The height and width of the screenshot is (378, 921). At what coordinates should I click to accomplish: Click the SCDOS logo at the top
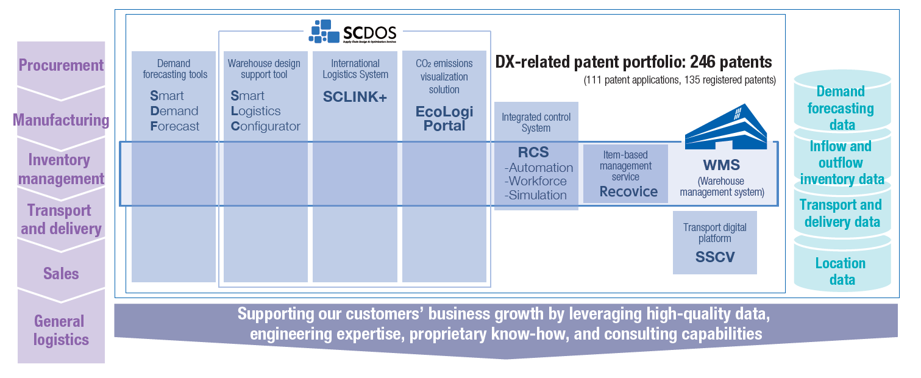coord(352,32)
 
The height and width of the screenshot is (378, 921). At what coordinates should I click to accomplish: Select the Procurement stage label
coord(61,65)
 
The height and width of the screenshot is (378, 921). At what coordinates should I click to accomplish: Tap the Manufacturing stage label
coord(61,120)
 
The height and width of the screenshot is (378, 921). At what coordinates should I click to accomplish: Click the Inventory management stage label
coord(61,169)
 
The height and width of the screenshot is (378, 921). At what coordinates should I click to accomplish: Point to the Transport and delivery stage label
coord(61,219)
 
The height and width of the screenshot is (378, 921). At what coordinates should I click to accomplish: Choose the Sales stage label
coord(61,274)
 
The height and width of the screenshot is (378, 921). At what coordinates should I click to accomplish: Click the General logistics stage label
coord(61,330)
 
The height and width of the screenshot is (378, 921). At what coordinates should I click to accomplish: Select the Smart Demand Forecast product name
coord(174,111)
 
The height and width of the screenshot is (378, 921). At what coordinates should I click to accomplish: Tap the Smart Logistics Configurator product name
coord(265,111)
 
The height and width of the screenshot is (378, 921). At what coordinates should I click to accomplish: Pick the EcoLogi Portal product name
coord(444,119)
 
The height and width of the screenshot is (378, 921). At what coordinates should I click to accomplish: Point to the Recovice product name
coord(628,191)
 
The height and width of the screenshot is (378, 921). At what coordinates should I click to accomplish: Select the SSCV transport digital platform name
coord(715,257)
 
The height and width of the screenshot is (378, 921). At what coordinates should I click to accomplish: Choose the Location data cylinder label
coord(841,272)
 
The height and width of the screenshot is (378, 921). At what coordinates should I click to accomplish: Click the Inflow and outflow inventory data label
coord(841,163)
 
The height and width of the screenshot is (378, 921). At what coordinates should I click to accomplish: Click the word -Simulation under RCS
coord(535,195)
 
